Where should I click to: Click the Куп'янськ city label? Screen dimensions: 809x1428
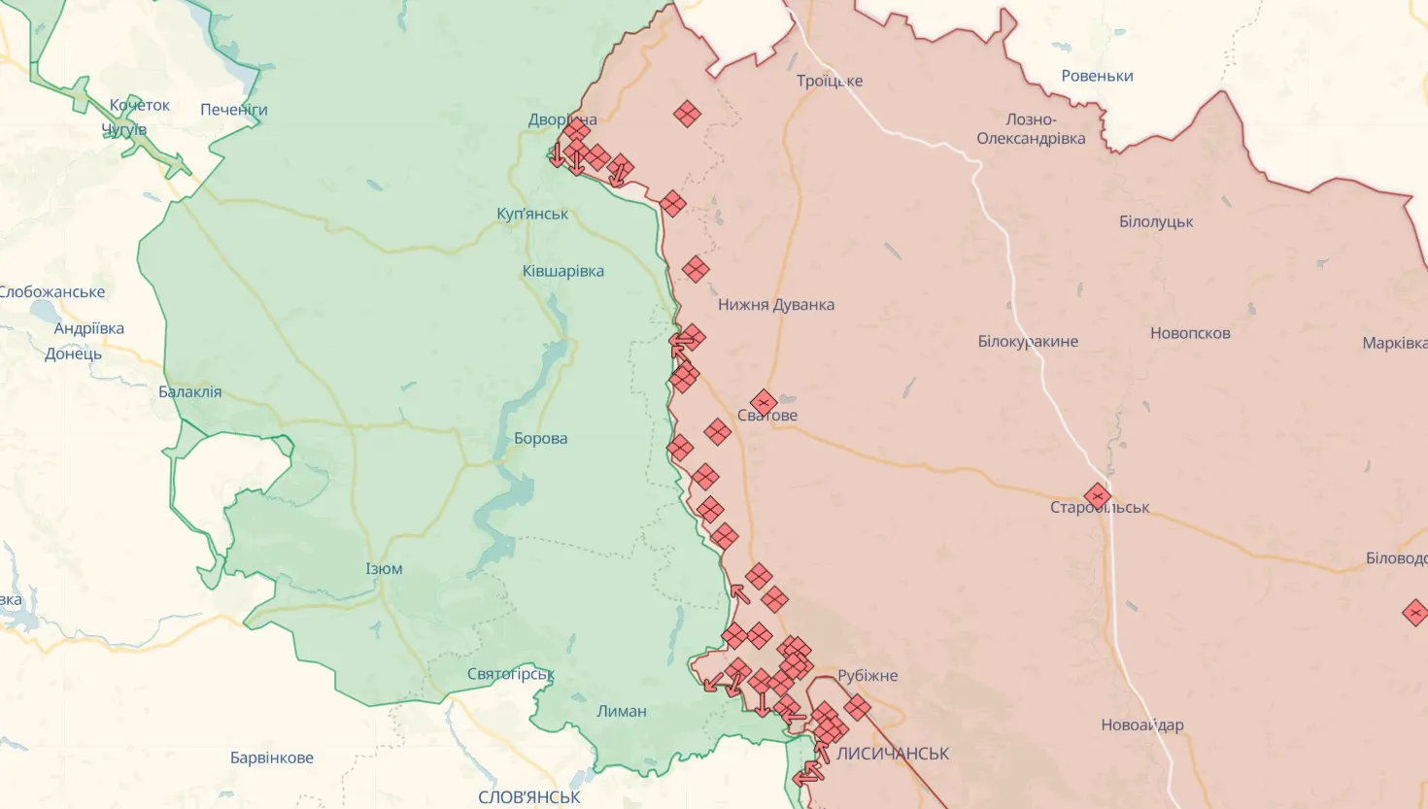pyautogui.click(x=532, y=214)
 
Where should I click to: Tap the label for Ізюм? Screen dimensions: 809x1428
pyautogui.click(x=384, y=569)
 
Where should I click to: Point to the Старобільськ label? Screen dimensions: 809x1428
pyautogui.click(x=1100, y=508)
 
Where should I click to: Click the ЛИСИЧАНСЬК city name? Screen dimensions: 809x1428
pyautogui.click(x=893, y=754)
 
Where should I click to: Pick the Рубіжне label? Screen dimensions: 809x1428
pyautogui.click(x=867, y=676)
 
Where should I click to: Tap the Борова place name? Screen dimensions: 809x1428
pyautogui.click(x=540, y=439)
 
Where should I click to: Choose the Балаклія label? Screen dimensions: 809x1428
pyautogui.click(x=189, y=392)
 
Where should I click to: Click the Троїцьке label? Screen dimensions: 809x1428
pyautogui.click(x=830, y=81)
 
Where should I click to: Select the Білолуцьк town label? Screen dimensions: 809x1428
pyautogui.click(x=1156, y=222)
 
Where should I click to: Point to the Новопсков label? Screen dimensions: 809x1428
pyautogui.click(x=1190, y=334)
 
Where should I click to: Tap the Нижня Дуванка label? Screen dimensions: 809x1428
pyautogui.click(x=776, y=305)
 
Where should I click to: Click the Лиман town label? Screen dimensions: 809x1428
pyautogui.click(x=622, y=712)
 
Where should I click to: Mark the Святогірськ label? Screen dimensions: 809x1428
pyautogui.click(x=511, y=674)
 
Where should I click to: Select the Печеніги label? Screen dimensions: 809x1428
pyautogui.click(x=234, y=110)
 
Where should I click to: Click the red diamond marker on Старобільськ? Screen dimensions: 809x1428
pyautogui.click(x=1097, y=496)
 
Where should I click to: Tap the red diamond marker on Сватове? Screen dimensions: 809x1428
pyautogui.click(x=764, y=401)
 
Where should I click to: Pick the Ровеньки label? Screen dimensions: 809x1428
pyautogui.click(x=1097, y=76)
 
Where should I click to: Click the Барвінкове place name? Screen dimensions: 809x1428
pyautogui.click(x=272, y=758)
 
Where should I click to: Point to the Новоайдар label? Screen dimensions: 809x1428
pyautogui.click(x=1142, y=725)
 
